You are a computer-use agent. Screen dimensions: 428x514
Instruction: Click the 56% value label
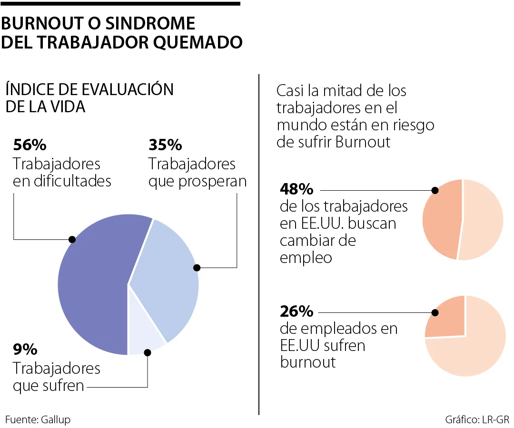tap(30, 144)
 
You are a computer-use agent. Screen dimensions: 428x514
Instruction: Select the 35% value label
tap(165, 144)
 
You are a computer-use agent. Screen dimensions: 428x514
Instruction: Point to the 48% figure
tap(297, 189)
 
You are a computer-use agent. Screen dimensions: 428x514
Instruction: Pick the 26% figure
tap(297, 312)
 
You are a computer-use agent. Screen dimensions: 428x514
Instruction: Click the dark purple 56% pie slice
tap(90, 281)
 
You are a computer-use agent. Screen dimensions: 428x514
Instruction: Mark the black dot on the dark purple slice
tap(72, 239)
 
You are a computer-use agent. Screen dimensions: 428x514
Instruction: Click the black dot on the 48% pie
tap(435, 190)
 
